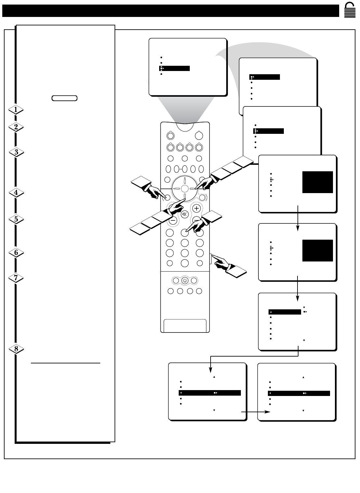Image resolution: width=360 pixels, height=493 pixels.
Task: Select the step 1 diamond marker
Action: (x=16, y=110)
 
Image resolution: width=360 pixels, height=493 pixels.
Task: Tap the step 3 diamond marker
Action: (x=16, y=152)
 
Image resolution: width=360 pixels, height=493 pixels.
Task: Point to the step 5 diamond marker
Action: (x=16, y=219)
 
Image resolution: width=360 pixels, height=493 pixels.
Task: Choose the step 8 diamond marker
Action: (x=16, y=349)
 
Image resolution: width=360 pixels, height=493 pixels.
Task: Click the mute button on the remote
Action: (x=185, y=214)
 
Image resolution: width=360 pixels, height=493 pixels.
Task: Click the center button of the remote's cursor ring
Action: (x=185, y=188)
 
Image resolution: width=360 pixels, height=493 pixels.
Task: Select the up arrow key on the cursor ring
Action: (x=185, y=180)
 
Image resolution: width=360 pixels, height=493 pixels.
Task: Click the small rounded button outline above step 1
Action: (x=64, y=98)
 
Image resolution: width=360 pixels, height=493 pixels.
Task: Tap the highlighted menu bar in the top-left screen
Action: (x=174, y=68)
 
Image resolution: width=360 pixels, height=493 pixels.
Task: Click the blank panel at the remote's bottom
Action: (x=185, y=325)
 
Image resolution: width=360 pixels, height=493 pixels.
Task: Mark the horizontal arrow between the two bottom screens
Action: (x=256, y=412)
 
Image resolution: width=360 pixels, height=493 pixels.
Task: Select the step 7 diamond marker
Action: (x=16, y=278)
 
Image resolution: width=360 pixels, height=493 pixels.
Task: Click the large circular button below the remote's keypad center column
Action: (x=185, y=263)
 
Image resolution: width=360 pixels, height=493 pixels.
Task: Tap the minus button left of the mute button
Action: (x=173, y=220)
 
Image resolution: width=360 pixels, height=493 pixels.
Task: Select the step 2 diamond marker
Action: (x=16, y=127)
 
